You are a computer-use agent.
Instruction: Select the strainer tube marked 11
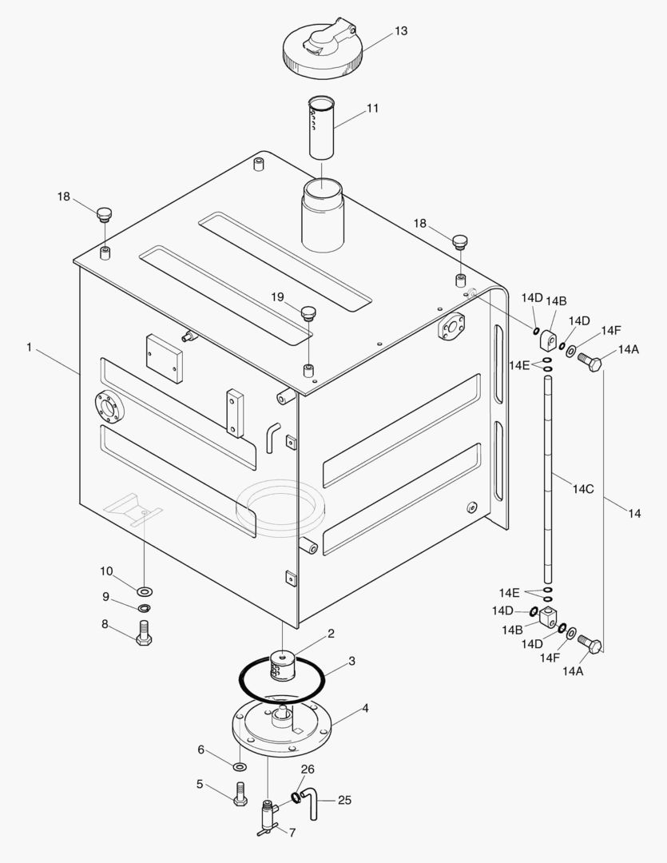323,128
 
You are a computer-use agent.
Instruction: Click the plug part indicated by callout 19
308,312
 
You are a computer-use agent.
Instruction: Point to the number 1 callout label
29,348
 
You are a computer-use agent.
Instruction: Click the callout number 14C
583,488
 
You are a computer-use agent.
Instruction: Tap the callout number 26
308,770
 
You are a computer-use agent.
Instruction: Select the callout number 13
401,31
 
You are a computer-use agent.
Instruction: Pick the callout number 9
105,597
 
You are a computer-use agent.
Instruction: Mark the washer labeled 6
240,767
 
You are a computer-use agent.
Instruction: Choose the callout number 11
372,108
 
